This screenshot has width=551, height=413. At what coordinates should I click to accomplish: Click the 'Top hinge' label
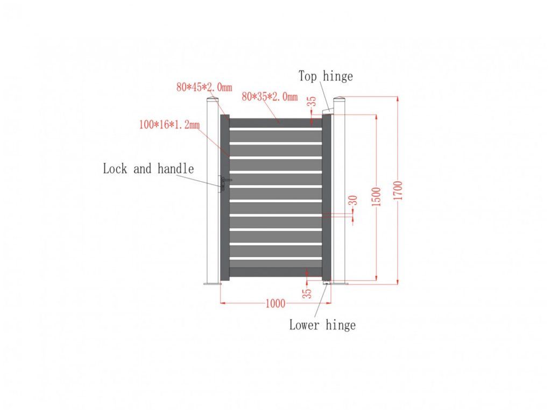[326, 76]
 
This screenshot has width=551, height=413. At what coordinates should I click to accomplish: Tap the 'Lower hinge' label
[322, 325]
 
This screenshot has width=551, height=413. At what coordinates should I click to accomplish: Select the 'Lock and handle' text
[148, 169]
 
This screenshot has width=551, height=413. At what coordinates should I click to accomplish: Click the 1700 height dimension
[398, 191]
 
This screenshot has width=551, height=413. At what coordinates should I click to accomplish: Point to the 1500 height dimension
[376, 197]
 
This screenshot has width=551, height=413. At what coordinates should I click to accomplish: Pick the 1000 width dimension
[275, 303]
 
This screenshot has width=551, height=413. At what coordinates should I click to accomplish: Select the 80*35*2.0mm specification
[270, 97]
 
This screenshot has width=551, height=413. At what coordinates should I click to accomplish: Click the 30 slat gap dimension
[353, 201]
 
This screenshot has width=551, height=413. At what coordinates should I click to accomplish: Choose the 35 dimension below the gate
[306, 293]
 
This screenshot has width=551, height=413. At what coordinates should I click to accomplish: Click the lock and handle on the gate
[222, 183]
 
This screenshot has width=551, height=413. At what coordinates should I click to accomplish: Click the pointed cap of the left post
[213, 100]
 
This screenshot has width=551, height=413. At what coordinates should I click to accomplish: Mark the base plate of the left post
[212, 283]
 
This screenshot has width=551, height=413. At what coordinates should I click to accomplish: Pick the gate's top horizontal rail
[275, 123]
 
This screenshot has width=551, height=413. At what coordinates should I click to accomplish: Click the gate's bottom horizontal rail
[275, 272]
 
